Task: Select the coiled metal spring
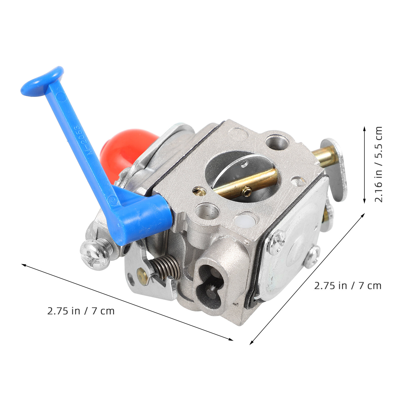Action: coord(165,267)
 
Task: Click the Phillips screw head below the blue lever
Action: coord(95,254)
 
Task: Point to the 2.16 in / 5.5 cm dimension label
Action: coord(378,164)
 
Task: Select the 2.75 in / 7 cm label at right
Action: coord(348,286)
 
